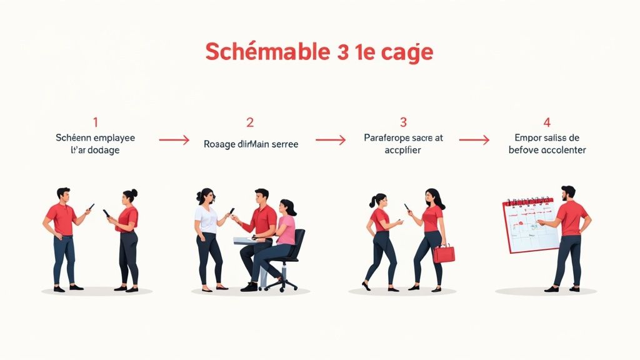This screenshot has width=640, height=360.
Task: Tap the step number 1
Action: point(95,122)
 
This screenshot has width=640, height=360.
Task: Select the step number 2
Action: point(250,122)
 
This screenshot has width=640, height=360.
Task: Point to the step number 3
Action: point(403,122)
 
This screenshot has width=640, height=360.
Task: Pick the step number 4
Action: point(547,122)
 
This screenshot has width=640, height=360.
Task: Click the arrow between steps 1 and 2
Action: point(174,141)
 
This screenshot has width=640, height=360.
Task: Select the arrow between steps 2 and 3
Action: point(330,141)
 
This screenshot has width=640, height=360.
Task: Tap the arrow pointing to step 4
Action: point(474,141)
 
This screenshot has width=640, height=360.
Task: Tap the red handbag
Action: point(444,253)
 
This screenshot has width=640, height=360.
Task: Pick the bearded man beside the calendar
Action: point(569,237)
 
